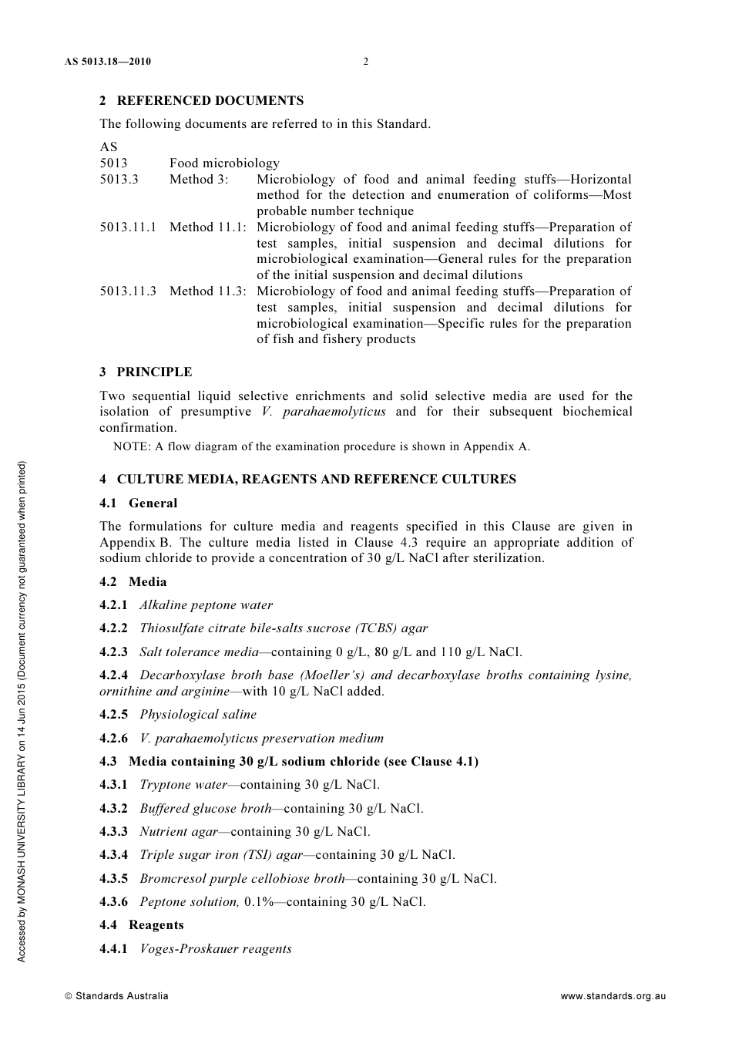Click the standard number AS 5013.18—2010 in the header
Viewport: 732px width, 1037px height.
click(107, 62)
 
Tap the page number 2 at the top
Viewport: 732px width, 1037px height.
click(366, 62)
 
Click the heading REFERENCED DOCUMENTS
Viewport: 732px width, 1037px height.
click(210, 100)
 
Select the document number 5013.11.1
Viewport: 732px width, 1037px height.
click(128, 227)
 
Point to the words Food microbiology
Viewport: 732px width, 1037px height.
click(224, 163)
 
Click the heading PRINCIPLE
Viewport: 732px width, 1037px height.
click(154, 372)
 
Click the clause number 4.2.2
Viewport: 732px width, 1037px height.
click(114, 628)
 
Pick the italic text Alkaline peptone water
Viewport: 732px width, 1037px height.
click(206, 605)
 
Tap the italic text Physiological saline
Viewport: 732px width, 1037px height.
click(197, 715)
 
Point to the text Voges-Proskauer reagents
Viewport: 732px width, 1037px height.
click(215, 949)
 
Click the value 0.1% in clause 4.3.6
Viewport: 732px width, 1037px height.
click(259, 902)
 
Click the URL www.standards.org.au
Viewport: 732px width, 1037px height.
click(613, 996)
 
